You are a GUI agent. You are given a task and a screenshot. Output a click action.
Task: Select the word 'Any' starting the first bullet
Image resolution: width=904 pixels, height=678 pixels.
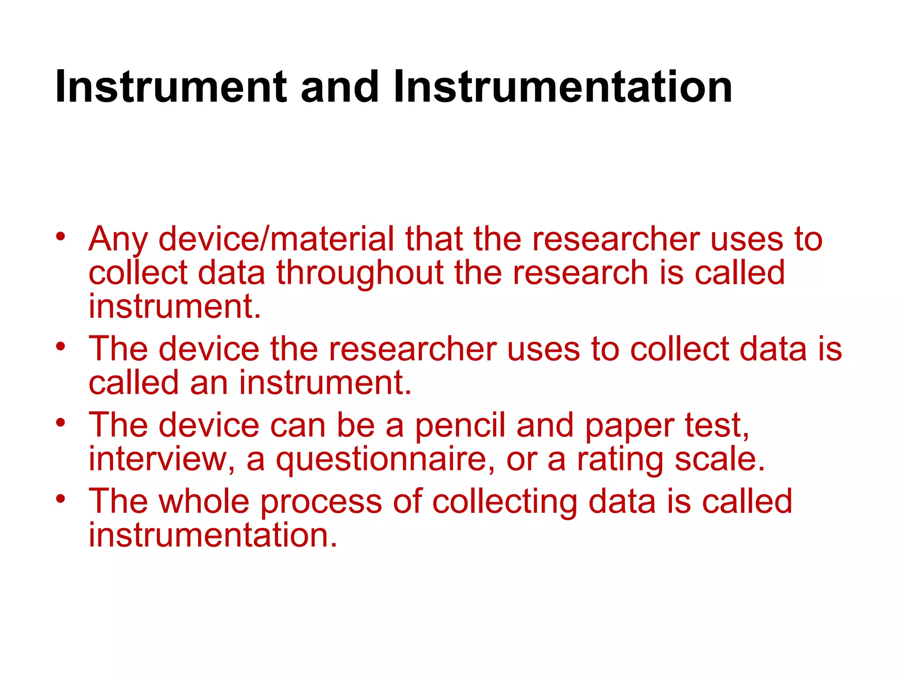point(118,240)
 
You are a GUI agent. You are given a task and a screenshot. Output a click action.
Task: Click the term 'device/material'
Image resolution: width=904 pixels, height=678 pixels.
point(276,240)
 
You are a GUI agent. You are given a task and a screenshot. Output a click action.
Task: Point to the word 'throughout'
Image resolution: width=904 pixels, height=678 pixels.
point(360,273)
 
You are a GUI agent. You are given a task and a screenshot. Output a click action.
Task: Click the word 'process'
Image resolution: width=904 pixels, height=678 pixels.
point(321,502)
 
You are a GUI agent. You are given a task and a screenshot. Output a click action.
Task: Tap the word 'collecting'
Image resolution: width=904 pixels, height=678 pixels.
point(505,502)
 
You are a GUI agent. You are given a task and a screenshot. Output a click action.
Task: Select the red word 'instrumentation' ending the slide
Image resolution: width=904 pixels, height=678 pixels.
point(213,535)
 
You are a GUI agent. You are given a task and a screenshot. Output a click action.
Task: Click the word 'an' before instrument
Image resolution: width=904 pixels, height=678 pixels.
point(209,383)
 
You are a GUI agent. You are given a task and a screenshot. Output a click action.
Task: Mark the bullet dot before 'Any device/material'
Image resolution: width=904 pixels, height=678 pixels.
point(61,235)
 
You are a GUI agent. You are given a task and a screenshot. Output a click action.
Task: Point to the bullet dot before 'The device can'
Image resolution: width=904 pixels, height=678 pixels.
point(61,422)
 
